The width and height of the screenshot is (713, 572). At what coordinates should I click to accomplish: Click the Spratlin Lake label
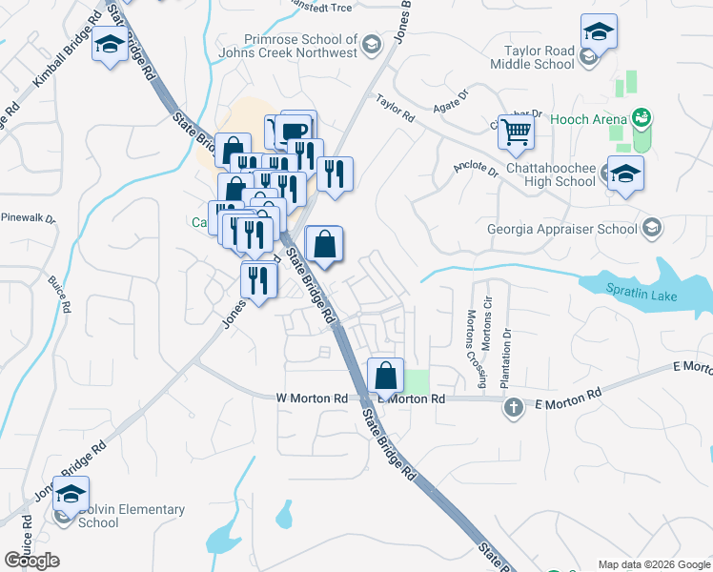pyautogui.click(x=644, y=296)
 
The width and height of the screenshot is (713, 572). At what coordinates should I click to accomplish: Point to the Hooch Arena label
pyautogui.click(x=589, y=120)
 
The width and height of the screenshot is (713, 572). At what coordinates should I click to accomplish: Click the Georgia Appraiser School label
pyautogui.click(x=562, y=229)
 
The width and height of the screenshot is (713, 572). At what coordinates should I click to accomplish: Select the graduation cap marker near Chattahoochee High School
pyautogui.click(x=625, y=174)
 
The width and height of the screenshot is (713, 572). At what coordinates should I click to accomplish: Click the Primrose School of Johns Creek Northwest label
pyautogui.click(x=300, y=47)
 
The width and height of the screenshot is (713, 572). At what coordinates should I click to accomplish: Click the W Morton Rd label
pyautogui.click(x=311, y=398)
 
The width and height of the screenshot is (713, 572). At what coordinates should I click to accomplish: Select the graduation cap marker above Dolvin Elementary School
pyautogui.click(x=71, y=495)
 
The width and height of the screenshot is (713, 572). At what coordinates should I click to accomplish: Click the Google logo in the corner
pyautogui.click(x=31, y=561)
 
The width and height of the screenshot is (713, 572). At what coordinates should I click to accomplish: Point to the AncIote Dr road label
pyautogui.click(x=477, y=170)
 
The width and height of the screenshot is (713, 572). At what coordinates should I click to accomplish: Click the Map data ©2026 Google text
pyautogui.click(x=654, y=564)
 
